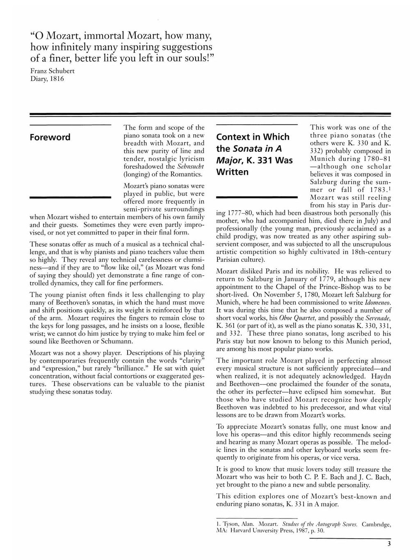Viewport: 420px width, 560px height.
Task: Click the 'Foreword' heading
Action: (50, 137)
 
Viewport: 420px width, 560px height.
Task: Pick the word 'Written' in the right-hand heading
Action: (233, 171)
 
